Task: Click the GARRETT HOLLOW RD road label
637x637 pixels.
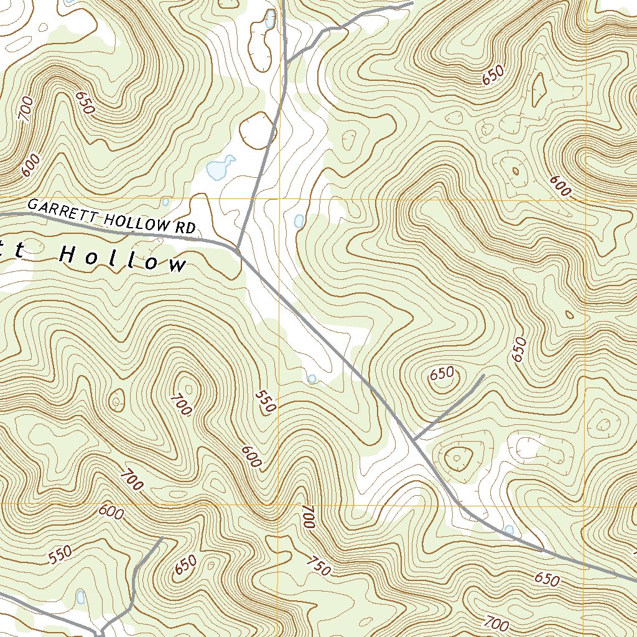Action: pyautogui.click(x=112, y=216)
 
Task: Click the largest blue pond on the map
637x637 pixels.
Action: pyautogui.click(x=220, y=167)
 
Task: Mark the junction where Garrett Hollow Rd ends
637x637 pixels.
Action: pyautogui.click(x=237, y=249)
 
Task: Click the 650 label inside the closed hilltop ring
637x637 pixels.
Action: pyautogui.click(x=442, y=374)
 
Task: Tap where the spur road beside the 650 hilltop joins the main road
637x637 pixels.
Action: pyautogui.click(x=413, y=440)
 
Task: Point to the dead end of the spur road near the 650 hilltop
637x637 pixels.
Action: pyautogui.click(x=483, y=376)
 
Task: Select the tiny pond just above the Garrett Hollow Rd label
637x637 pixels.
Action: pyautogui.click(x=165, y=202)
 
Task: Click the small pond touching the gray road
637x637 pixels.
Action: pyautogui.click(x=509, y=530)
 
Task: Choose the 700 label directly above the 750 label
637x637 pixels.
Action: pyautogui.click(x=307, y=517)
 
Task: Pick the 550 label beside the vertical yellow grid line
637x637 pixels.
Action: pyautogui.click(x=266, y=403)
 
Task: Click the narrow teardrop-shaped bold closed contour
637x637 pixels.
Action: pyautogui.click(x=538, y=89)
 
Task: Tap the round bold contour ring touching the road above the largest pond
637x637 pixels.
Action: pyautogui.click(x=257, y=130)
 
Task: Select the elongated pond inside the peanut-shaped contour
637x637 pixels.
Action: pyautogui.click(x=269, y=20)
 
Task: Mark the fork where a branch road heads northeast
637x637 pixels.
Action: pyautogui.click(x=287, y=62)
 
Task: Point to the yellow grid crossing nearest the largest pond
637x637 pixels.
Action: pyautogui.click(x=279, y=200)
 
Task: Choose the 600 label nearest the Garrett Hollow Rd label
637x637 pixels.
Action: pyautogui.click(x=30, y=166)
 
